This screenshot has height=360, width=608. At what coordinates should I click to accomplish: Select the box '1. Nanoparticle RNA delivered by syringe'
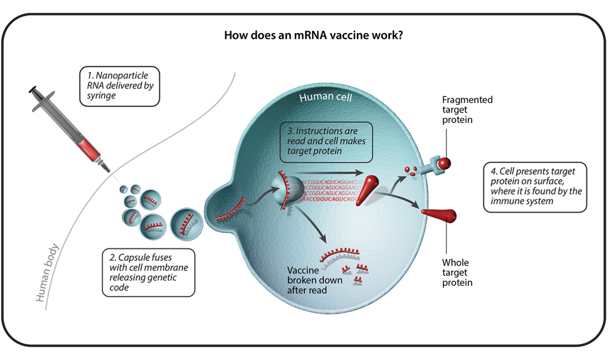(x=119, y=86)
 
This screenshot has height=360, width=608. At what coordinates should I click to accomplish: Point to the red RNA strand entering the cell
(x=231, y=209)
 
